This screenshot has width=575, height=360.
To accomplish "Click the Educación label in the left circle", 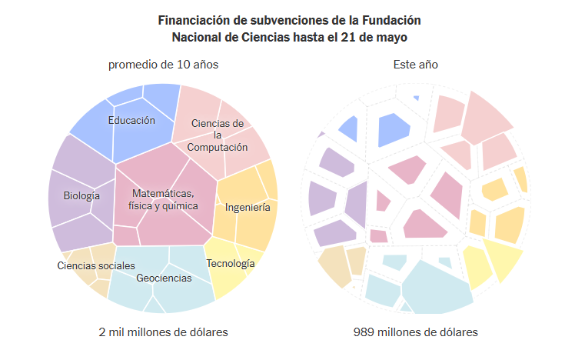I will (131, 120).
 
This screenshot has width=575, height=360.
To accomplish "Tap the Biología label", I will (81, 196).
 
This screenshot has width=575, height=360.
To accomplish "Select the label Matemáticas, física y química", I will (163, 199).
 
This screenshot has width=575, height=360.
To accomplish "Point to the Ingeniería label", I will (248, 207).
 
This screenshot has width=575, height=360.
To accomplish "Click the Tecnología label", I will (230, 264).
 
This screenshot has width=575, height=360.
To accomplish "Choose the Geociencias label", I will (164, 278).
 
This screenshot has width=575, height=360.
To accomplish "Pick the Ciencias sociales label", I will (96, 265).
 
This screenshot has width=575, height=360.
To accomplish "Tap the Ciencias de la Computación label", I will (218, 135).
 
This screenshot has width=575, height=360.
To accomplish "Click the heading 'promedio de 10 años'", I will (163, 65).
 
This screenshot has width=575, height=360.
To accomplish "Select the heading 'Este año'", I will (415, 65).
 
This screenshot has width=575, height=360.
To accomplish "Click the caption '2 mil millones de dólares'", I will (163, 332).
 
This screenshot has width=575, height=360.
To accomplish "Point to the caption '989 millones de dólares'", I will (415, 332).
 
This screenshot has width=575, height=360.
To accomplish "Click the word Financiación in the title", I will (193, 20).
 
